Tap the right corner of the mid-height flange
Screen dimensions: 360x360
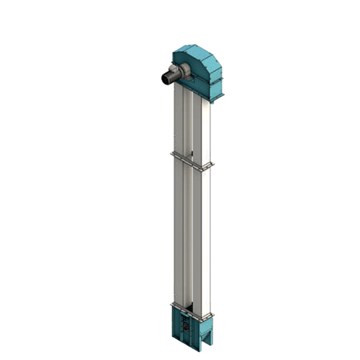(x=210, y=167)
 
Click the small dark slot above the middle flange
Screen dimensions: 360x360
(x=194, y=152)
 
